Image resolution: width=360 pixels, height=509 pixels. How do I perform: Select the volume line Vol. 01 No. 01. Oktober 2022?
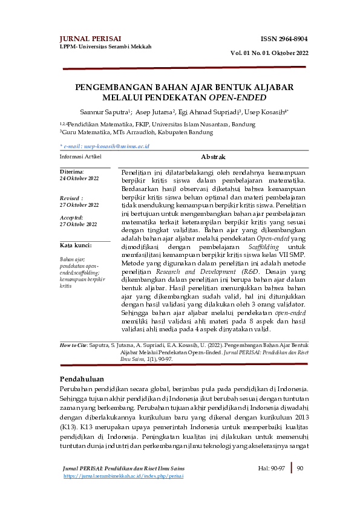[269, 53]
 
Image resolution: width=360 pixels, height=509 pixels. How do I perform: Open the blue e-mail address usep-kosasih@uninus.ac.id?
[108, 146]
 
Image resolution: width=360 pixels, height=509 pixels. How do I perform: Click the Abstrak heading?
[212, 156]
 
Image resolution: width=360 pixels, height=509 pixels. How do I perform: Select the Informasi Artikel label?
[80, 156]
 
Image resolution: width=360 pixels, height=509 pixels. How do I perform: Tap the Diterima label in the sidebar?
[71, 172]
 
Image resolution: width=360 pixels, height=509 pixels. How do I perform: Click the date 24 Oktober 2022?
[79, 179]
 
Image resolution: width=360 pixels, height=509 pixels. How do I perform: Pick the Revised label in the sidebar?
[71, 198]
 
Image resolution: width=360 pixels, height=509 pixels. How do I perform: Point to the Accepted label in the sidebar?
[72, 218]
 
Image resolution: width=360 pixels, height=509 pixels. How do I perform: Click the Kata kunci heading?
[76, 245]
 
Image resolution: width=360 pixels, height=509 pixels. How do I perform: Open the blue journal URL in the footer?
[123, 476]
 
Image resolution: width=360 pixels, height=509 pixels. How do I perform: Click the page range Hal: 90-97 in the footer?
[272, 468]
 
